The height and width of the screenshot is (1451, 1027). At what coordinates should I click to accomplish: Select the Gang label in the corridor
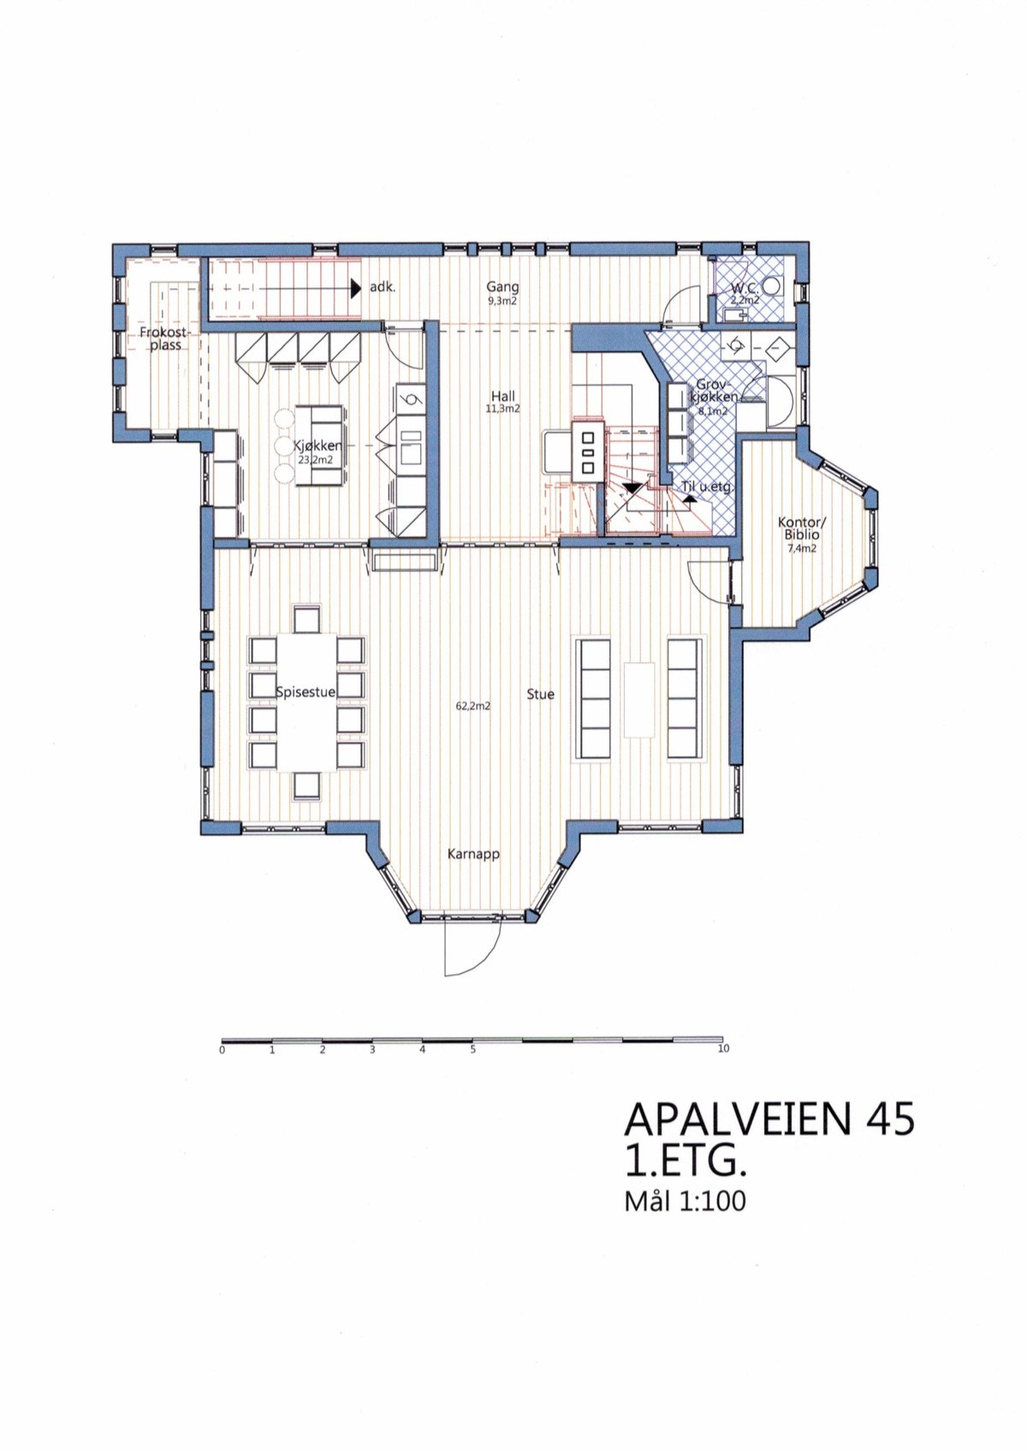[503, 287]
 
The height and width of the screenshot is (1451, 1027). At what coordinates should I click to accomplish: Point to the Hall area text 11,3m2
[503, 409]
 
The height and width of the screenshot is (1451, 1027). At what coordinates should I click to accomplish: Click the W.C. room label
[744, 289]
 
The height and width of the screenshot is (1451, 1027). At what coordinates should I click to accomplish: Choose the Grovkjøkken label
[715, 391]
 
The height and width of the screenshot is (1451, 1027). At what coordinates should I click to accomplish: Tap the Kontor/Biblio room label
[802, 529]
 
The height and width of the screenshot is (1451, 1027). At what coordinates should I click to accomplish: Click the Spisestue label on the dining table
[306, 692]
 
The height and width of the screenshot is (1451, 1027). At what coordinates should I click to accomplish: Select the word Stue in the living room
[540, 695]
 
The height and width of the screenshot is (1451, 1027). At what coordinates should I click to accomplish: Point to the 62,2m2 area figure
[473, 706]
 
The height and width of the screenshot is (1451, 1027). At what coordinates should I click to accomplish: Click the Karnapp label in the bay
[473, 855]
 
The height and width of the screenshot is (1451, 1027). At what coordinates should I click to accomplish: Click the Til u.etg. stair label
[707, 487]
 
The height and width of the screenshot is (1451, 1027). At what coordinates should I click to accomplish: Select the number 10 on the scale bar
[723, 1049]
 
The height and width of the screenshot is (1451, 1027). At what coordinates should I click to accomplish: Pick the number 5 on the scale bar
[473, 1050]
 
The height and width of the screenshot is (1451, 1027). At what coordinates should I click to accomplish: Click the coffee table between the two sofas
[638, 700]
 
